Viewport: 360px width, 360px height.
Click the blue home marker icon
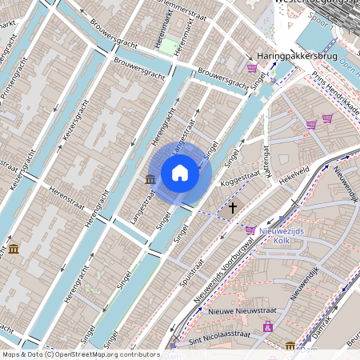click(x=180, y=173)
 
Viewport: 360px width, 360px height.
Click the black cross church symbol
click(x=233, y=207)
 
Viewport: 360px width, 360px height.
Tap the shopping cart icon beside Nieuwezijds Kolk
click(x=250, y=230)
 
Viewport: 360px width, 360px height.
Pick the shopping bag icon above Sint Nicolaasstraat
click(x=267, y=326)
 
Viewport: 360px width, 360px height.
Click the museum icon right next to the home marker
click(x=150, y=179)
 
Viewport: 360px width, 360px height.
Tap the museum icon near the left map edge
click(x=13, y=250)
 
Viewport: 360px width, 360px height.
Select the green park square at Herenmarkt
click(x=169, y=45)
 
